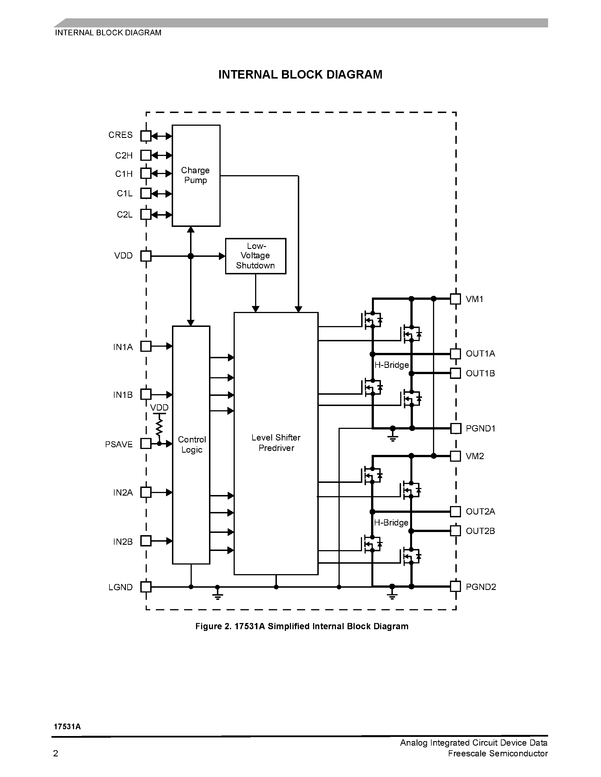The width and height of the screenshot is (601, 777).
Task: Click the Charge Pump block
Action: pos(196,175)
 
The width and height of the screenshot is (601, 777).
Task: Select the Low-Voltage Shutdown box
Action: pos(255,256)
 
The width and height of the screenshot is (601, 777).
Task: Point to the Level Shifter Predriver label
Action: pos(276,442)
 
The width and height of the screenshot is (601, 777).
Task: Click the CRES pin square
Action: pos(146,136)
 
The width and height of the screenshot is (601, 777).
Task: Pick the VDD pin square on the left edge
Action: pos(146,256)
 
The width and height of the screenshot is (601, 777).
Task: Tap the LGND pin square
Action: pos(146,587)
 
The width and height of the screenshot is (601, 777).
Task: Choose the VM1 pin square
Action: pos(455,299)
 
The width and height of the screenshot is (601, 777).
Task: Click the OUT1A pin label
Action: pos(480,354)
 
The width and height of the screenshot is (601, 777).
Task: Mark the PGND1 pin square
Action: pos(456,428)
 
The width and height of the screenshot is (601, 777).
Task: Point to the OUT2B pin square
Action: pos(455,531)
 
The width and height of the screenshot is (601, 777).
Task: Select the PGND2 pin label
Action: pos(481,587)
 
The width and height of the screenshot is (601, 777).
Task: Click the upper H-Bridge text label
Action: pos(391,365)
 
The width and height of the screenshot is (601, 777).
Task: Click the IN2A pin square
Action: pos(146,492)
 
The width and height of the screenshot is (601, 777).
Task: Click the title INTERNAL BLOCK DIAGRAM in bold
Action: pos(300,75)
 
